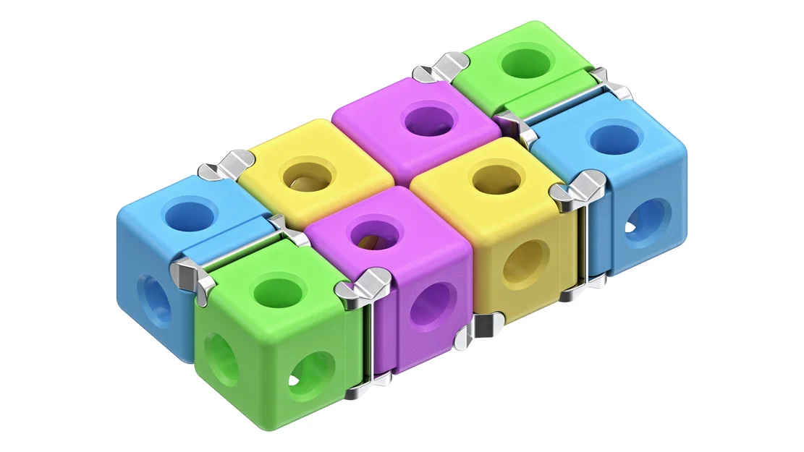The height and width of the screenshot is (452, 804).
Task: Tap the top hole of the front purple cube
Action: pos(373,235)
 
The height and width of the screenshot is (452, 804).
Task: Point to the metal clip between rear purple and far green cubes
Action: pos(441,67)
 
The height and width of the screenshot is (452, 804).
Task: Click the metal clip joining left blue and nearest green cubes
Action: pos(191,277)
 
